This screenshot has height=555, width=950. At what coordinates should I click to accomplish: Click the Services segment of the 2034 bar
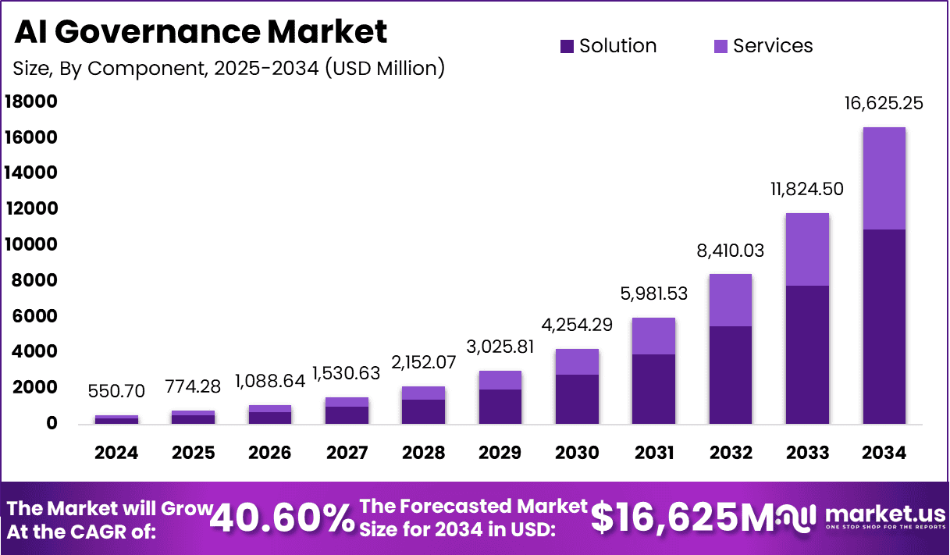(x=884, y=178)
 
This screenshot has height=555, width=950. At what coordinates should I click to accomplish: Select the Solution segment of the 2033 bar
(x=807, y=354)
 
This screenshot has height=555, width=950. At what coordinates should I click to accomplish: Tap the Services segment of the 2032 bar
(x=731, y=300)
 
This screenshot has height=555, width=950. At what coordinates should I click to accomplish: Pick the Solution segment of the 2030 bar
(x=577, y=399)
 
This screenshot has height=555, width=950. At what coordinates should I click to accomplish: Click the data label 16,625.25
(x=884, y=103)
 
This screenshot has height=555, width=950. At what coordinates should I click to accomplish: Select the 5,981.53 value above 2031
(x=653, y=294)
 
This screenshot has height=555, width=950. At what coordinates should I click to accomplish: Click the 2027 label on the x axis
(x=347, y=454)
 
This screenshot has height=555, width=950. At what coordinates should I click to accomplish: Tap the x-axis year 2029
(x=500, y=454)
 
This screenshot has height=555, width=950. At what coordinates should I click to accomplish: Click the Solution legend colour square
(x=568, y=47)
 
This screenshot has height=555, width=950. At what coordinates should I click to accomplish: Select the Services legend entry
(x=763, y=46)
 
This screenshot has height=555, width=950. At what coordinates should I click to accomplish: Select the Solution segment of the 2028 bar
(x=424, y=411)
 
